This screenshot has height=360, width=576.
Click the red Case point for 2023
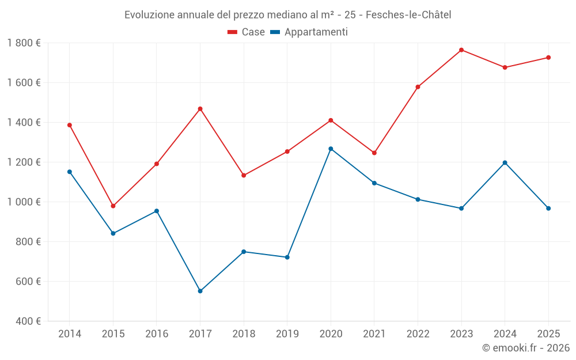point(461,50)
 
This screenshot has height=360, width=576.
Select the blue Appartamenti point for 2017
point(200,291)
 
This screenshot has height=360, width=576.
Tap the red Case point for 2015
point(113,206)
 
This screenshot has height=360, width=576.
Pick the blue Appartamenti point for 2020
point(331,149)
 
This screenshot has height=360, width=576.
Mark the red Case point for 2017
point(200,109)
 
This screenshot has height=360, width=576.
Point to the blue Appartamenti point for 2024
point(505,162)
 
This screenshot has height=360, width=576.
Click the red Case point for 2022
point(418,87)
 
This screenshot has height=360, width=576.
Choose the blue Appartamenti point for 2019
point(287,257)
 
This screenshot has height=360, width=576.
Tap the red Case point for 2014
point(70,125)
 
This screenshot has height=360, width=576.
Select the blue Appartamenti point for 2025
point(548,208)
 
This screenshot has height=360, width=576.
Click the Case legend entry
point(247,32)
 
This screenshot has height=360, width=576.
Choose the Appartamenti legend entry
point(309,32)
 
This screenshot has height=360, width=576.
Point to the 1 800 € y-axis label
point(24,43)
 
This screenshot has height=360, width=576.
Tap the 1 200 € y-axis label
point(24,162)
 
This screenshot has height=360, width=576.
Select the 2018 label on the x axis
point(244,334)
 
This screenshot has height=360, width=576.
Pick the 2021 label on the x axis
point(374,334)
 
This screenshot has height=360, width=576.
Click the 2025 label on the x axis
point(548,334)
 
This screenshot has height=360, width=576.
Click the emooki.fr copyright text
point(526,347)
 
